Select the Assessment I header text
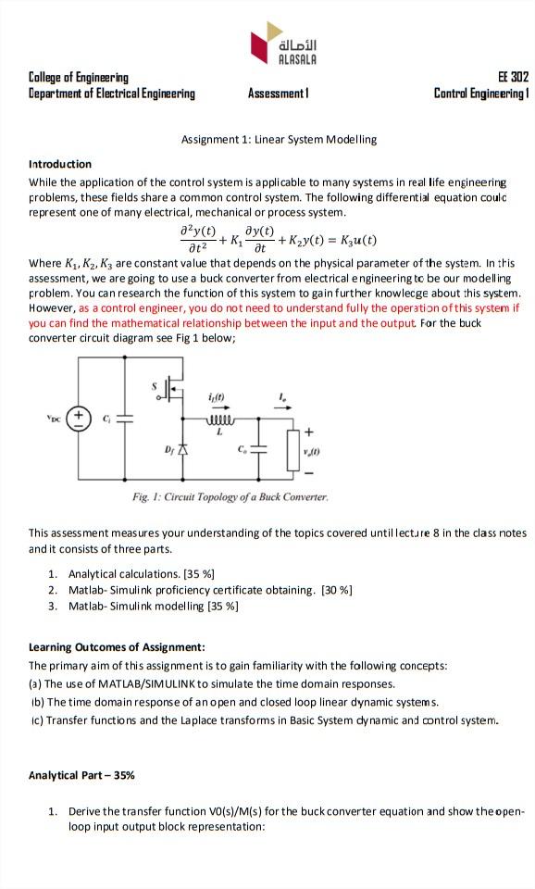pos(278,94)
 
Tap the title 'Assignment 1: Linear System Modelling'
pos(279,139)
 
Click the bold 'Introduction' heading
pos(60,164)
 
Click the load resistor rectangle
pos(294,447)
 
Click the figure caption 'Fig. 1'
pos(230,497)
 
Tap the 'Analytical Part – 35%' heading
pos(81,774)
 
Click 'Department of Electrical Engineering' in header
pos(112,94)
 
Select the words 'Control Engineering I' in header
pos(480,94)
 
